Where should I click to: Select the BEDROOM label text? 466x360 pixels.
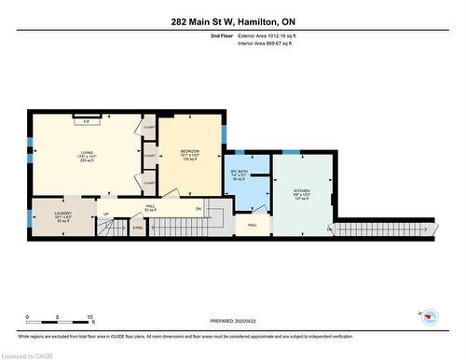(x=190, y=155)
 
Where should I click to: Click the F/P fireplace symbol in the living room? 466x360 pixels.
(x=87, y=121)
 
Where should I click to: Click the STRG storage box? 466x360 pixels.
(x=138, y=226)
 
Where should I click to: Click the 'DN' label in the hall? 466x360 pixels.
(x=199, y=208)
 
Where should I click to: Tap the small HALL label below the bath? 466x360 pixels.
(x=252, y=225)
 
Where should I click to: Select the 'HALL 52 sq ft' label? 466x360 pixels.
(x=150, y=209)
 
